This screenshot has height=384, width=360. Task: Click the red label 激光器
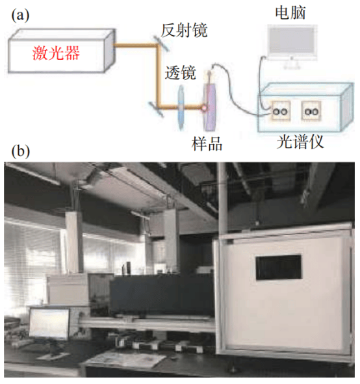(x=56, y=53)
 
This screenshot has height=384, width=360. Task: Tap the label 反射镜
(x=184, y=30)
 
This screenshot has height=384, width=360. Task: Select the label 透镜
(x=180, y=73)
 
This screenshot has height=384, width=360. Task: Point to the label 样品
(x=207, y=144)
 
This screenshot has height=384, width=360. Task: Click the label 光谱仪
(x=300, y=142)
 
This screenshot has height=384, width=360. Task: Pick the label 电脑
(x=290, y=12)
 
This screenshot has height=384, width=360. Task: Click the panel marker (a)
(x=20, y=15)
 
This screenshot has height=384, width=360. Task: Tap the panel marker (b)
(x=21, y=151)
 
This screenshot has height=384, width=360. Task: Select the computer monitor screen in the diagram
(x=292, y=42)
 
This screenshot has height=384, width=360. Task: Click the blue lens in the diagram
(x=181, y=107)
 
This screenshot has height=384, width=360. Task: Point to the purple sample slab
(x=210, y=107)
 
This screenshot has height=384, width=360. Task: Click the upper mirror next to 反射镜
(x=161, y=44)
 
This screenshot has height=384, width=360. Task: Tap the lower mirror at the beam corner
(x=157, y=109)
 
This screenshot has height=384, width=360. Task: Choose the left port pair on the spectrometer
(x=281, y=111)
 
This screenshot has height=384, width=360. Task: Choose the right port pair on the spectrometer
(x=311, y=111)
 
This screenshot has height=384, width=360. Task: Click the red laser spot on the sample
(x=204, y=107)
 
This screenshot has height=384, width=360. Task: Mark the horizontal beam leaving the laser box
(x=135, y=45)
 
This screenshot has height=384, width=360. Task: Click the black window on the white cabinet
(x=279, y=268)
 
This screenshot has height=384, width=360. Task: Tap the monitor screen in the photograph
(x=49, y=324)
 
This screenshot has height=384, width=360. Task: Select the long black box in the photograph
(x=162, y=296)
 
